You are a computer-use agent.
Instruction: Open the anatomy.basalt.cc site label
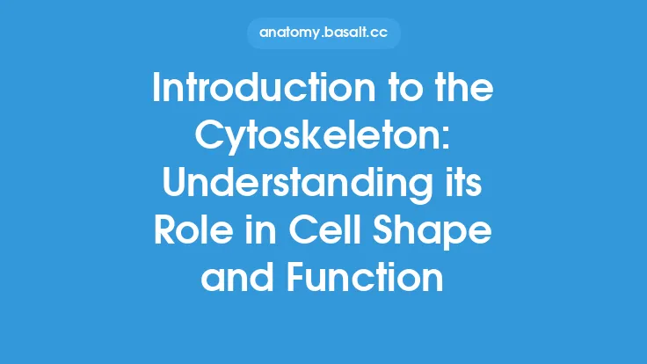[x=323, y=33]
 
